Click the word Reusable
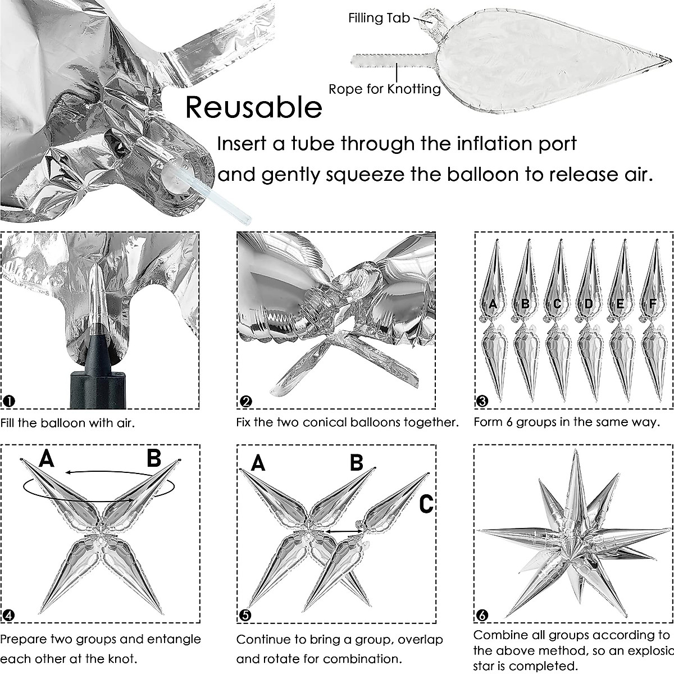tap(253, 107)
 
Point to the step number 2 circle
tap(245, 401)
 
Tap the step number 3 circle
tap(482, 401)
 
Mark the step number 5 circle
tap(245, 615)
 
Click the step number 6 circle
tap(482, 615)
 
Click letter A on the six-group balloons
tap(493, 304)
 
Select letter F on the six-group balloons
tap(652, 304)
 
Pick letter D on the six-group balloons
tap(588, 304)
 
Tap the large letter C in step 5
tap(427, 504)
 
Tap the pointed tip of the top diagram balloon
tap(668, 58)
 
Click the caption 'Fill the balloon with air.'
tap(68, 422)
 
